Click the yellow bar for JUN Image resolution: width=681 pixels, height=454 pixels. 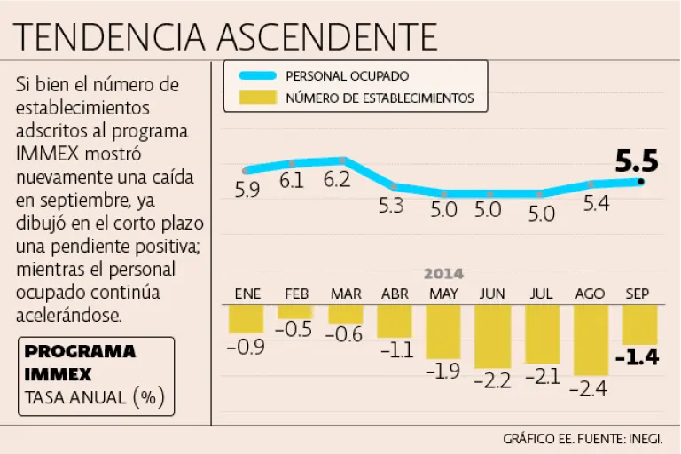[x=493, y=335]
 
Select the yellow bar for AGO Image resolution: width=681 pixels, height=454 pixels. [x=591, y=339]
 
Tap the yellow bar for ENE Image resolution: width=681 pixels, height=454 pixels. [x=246, y=318]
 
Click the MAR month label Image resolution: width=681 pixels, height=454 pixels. [x=345, y=294]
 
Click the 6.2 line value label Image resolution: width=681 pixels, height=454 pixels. [x=337, y=180]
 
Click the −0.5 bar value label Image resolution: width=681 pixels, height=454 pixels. [x=294, y=330]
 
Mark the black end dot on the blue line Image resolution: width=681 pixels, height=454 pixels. [x=641, y=181]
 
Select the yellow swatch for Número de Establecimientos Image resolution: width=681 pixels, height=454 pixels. [x=253, y=98]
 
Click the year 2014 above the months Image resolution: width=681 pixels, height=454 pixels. [x=443, y=274]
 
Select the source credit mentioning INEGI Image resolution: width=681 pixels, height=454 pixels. [x=583, y=439]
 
